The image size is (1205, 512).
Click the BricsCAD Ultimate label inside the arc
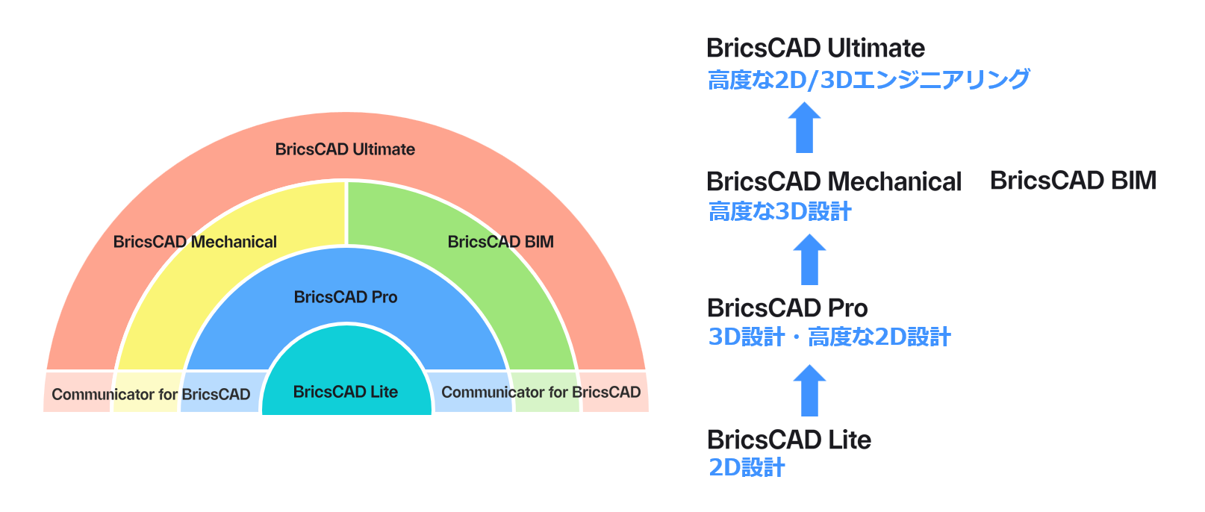pyautogui.click(x=345, y=149)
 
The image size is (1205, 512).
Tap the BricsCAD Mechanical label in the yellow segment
pyautogui.click(x=195, y=242)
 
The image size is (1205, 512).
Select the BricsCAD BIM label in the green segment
pyautogui.click(x=500, y=242)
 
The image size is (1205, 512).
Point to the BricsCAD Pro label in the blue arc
pyautogui.click(x=346, y=297)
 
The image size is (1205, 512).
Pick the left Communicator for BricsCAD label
pyautogui.click(x=151, y=394)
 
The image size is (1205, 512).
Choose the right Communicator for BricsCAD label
pyautogui.click(x=541, y=392)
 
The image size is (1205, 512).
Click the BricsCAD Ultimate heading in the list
pyautogui.click(x=815, y=49)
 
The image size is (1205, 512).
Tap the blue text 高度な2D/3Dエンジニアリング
pyautogui.click(x=868, y=79)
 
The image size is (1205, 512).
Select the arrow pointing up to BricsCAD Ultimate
pyautogui.click(x=805, y=128)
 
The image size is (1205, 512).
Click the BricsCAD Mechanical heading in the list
pyautogui.click(x=834, y=181)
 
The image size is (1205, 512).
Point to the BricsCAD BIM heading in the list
pyautogui.click(x=1073, y=181)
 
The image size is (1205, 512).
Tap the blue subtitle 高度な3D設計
pyautogui.click(x=779, y=212)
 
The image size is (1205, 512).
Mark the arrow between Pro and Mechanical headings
pyautogui.click(x=809, y=260)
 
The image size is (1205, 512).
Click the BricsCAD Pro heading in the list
pyautogui.click(x=787, y=307)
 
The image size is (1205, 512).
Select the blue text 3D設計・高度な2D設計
pyautogui.click(x=829, y=337)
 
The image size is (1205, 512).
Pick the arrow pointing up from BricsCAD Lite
pyautogui.click(x=809, y=390)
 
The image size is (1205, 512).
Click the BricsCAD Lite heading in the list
pyautogui.click(x=789, y=440)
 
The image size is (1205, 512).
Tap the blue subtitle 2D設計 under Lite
pyautogui.click(x=747, y=468)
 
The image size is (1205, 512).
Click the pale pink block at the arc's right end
pyautogui.click(x=614, y=391)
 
